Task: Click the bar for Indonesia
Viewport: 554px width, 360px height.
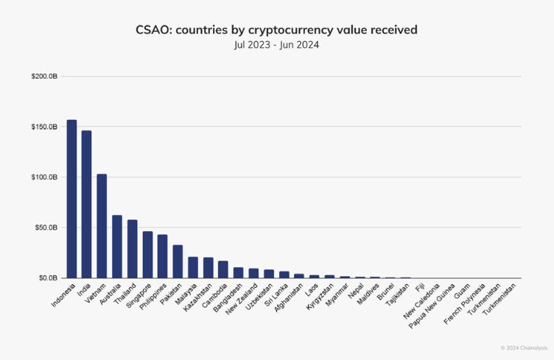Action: click(x=71, y=199)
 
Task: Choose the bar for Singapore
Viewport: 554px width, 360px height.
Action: click(x=147, y=255)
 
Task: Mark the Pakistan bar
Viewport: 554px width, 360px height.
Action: click(x=178, y=261)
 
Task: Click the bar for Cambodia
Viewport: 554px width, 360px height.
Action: click(x=222, y=269)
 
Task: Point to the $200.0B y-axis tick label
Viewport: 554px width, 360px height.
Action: click(x=44, y=77)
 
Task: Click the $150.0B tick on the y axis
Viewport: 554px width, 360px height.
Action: click(x=44, y=127)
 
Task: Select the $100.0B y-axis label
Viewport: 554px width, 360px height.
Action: click(x=44, y=177)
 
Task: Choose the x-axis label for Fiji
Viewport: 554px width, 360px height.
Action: click(x=420, y=286)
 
